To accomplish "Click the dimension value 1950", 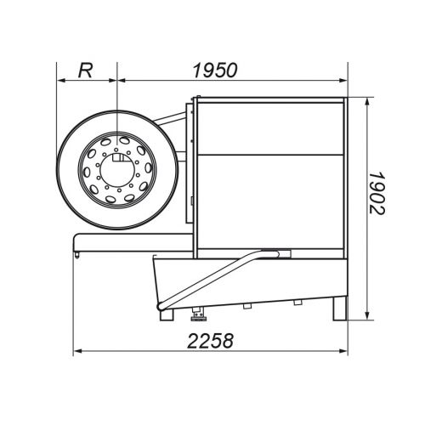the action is pyautogui.click(x=214, y=70).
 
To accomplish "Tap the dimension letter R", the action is pyautogui.click(x=85, y=70).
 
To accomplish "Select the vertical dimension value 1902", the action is pyautogui.click(x=377, y=193).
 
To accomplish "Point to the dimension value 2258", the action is pyautogui.click(x=210, y=340).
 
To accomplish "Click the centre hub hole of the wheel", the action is pyautogui.click(x=117, y=170).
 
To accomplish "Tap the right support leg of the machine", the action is pyautogui.click(x=339, y=309).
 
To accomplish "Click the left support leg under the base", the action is pyautogui.click(x=167, y=314).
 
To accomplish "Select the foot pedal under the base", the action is pyautogui.click(x=198, y=314).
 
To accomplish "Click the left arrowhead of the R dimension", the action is pyautogui.click(x=61, y=81).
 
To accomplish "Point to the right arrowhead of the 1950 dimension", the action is pyautogui.click(x=343, y=81).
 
